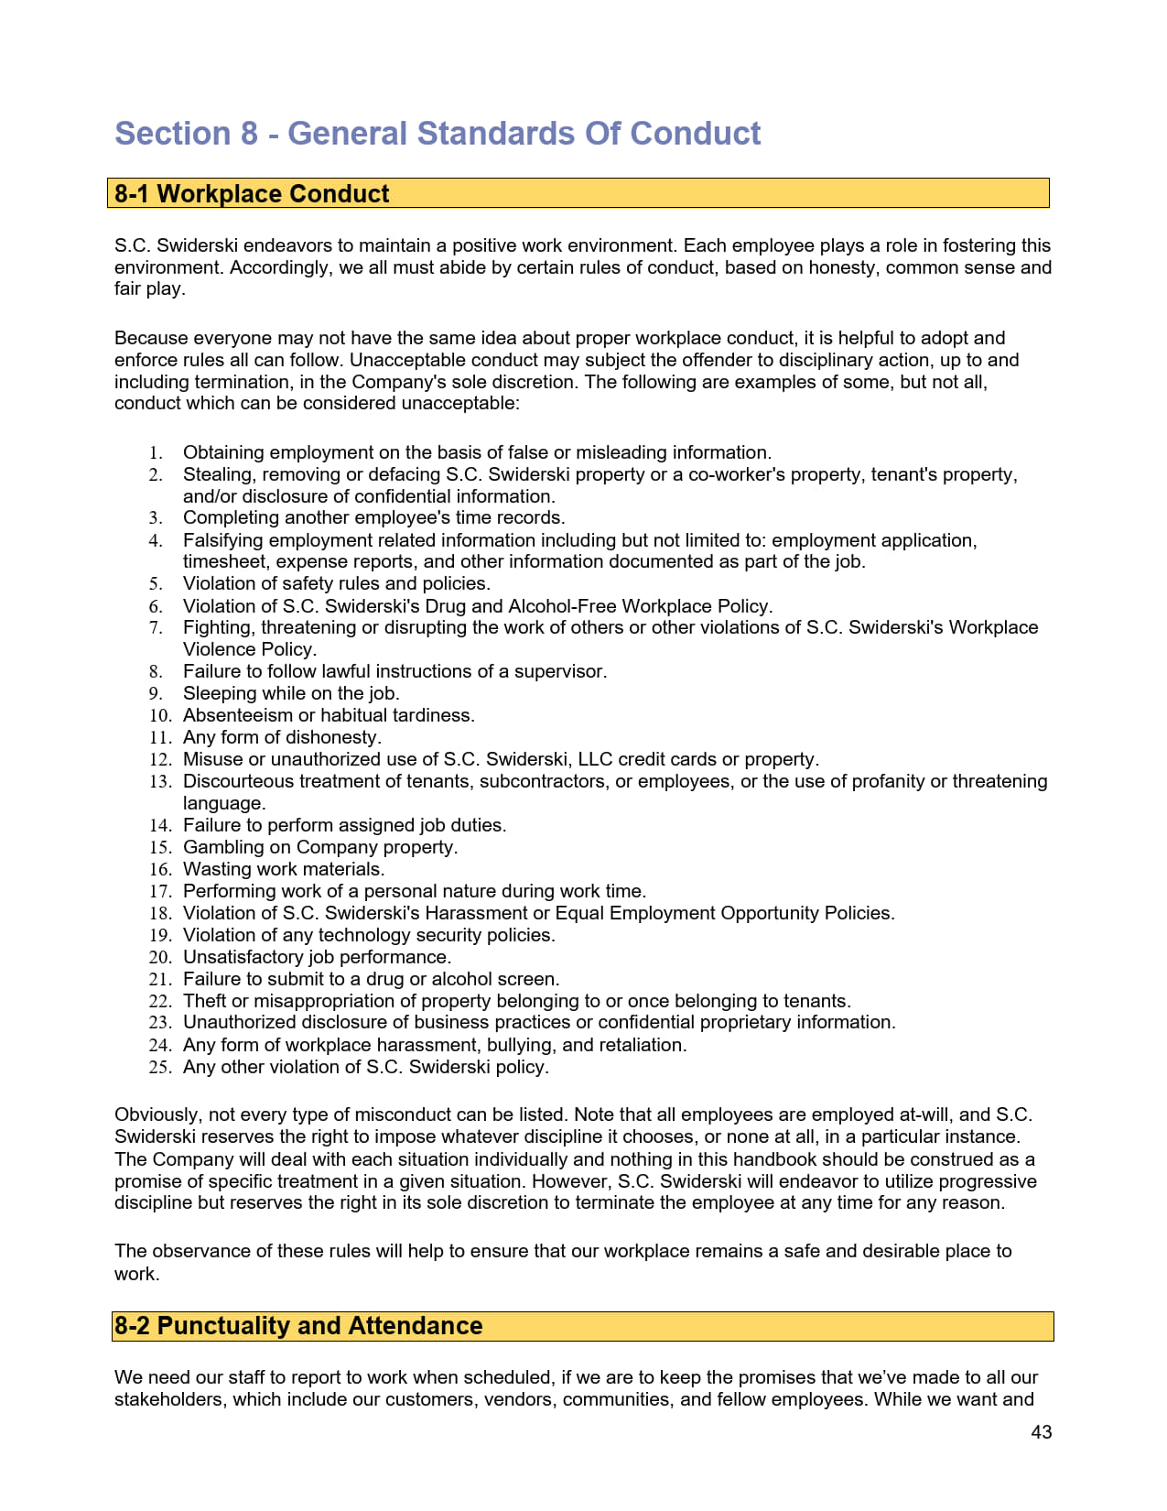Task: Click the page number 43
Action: tap(1041, 1432)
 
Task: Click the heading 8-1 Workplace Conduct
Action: tap(252, 194)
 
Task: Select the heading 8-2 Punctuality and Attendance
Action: tap(297, 1326)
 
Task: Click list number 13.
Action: tap(160, 782)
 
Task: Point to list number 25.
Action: tap(160, 1068)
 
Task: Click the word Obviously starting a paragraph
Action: tap(156, 1115)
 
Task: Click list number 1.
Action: tap(157, 453)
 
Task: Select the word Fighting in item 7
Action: tap(219, 628)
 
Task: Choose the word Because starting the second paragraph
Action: tap(151, 339)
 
